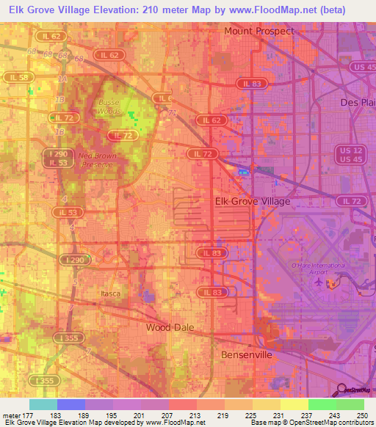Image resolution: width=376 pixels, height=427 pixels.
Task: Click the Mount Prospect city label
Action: pyautogui.click(x=259, y=31)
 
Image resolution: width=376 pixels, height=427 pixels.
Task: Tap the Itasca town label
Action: pyautogui.click(x=109, y=293)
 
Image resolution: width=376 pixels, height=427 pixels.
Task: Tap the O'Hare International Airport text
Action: pyautogui.click(x=319, y=269)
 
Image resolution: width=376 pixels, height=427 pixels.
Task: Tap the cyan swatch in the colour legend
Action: pyautogui.click(x=43, y=404)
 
